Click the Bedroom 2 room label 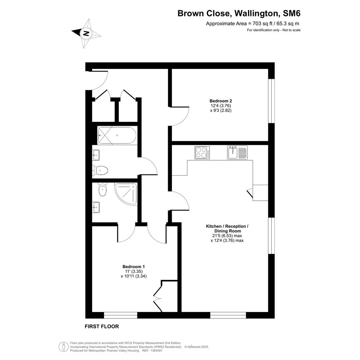tap(221, 101)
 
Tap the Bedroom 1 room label tap(134, 267)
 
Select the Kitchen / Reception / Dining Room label tap(227, 229)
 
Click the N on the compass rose tap(86, 33)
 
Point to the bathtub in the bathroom tap(117, 136)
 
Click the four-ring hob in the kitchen tap(202, 153)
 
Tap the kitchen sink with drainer tap(237, 152)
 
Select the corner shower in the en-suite tap(126, 194)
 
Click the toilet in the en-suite tap(102, 189)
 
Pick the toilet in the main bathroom tap(100, 171)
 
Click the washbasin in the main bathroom tap(96, 155)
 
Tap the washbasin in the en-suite tap(96, 207)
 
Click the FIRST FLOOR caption tap(102, 326)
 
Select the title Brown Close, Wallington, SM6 tap(239, 13)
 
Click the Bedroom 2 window tap(271, 101)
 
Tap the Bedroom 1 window tap(120, 315)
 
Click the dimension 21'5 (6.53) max tap(227, 235)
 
